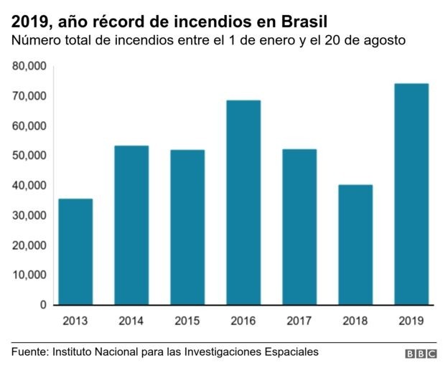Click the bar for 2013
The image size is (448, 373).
(x=75, y=251)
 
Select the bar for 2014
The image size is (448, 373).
(x=131, y=225)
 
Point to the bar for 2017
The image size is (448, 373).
(x=299, y=227)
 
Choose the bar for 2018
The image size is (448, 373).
(x=355, y=245)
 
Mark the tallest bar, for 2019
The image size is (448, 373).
(x=411, y=194)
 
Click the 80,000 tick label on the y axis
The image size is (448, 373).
(x=30, y=67)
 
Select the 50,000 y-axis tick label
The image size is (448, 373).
(x=30, y=156)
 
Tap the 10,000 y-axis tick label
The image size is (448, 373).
(x=30, y=275)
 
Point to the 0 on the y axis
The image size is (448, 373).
(x=43, y=305)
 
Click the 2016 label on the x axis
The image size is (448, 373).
(x=243, y=320)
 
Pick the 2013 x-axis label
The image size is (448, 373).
(x=75, y=320)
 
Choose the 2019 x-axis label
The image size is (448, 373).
(x=411, y=320)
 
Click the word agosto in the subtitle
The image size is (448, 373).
(x=384, y=41)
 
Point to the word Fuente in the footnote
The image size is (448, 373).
(x=29, y=352)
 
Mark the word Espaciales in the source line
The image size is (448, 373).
(x=291, y=352)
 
